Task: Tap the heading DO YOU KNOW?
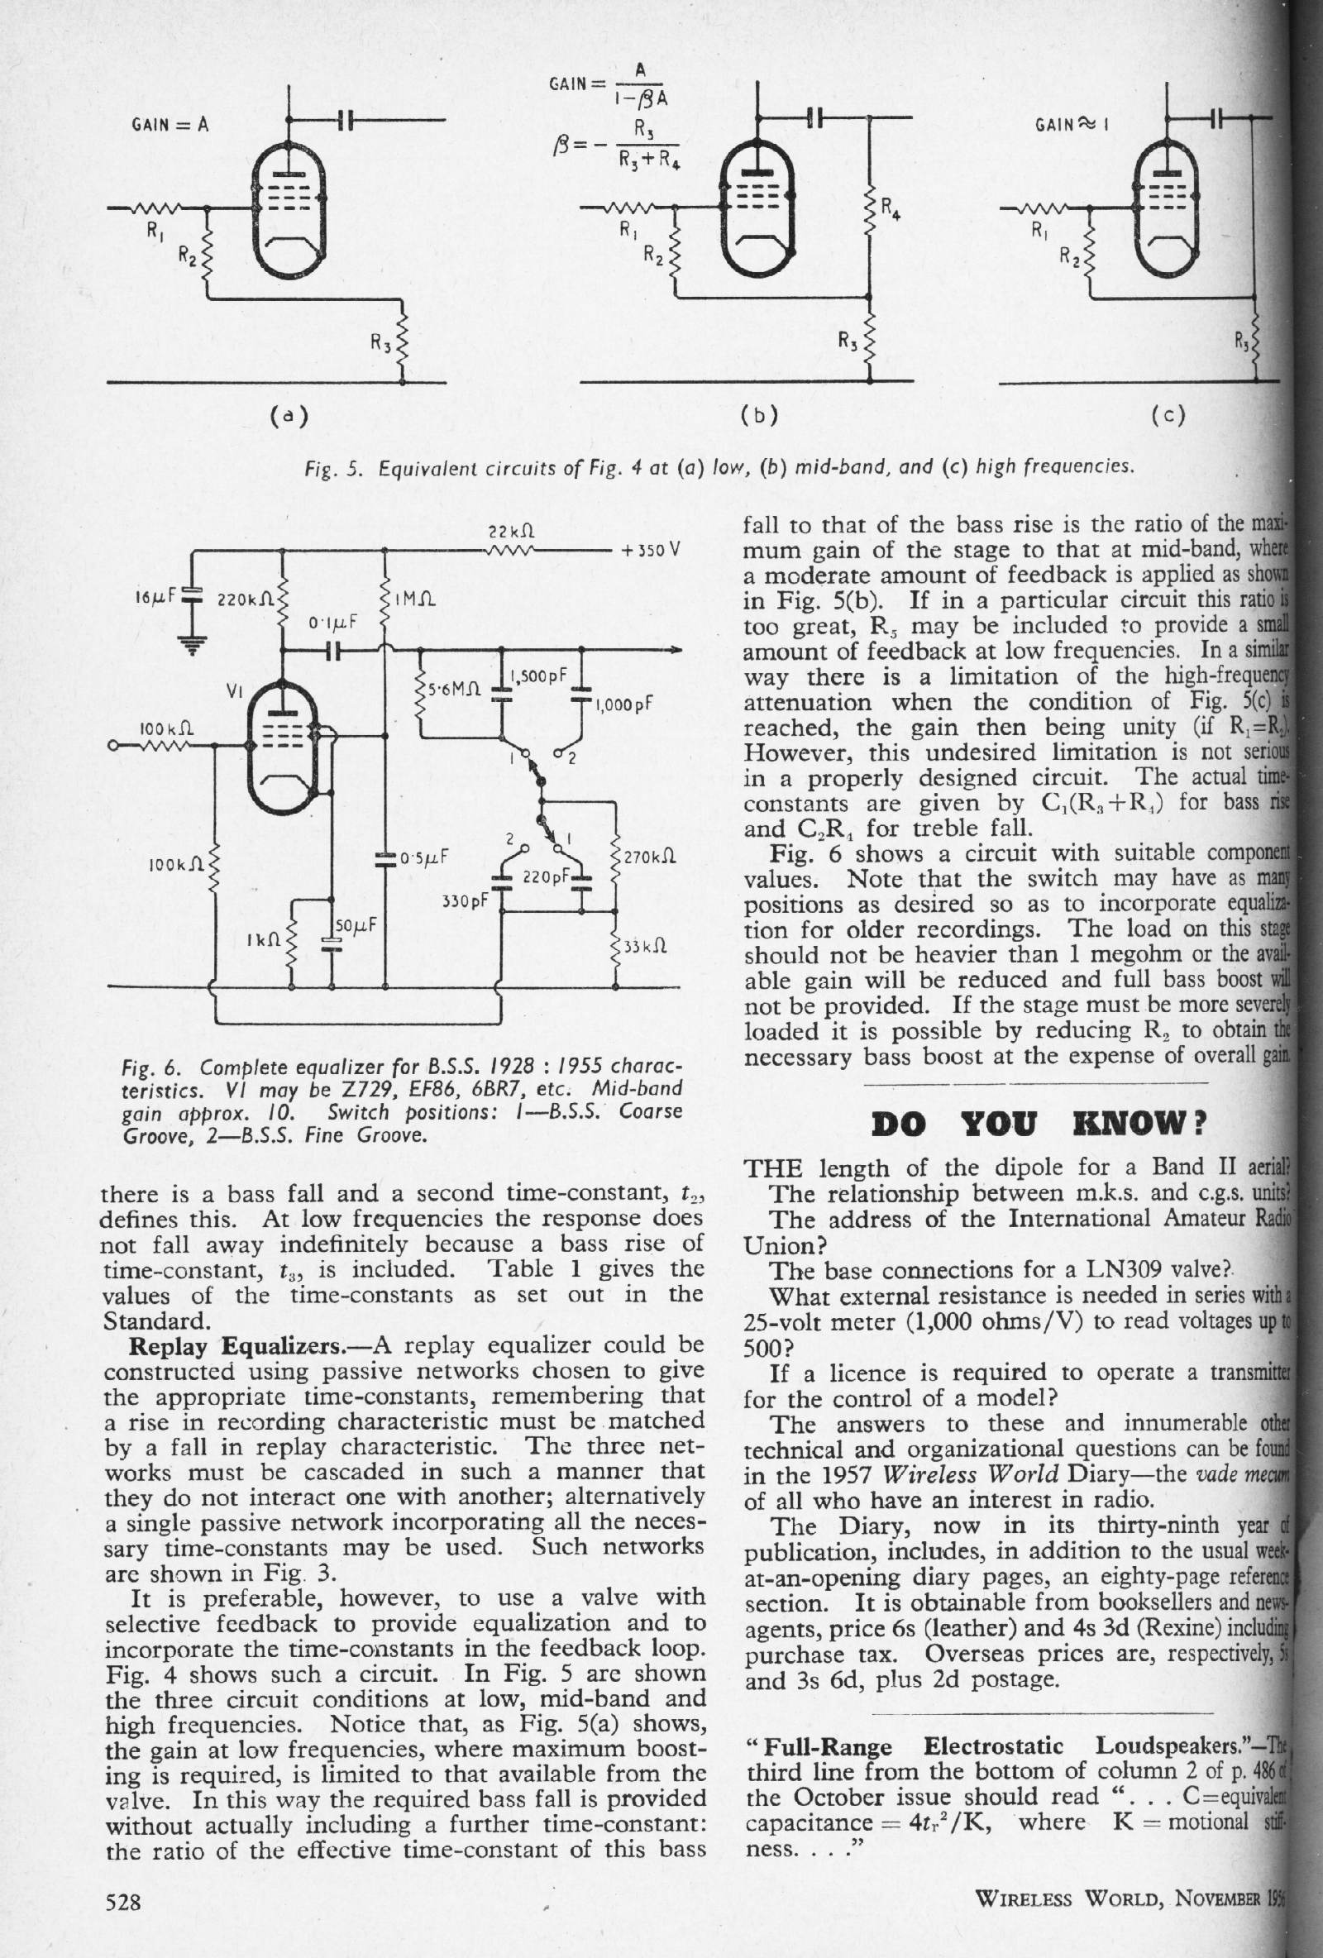click(x=1041, y=1124)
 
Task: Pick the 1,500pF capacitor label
click(x=539, y=676)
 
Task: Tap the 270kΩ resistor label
click(x=651, y=859)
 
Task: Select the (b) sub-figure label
click(x=758, y=414)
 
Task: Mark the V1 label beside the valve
click(x=236, y=691)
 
